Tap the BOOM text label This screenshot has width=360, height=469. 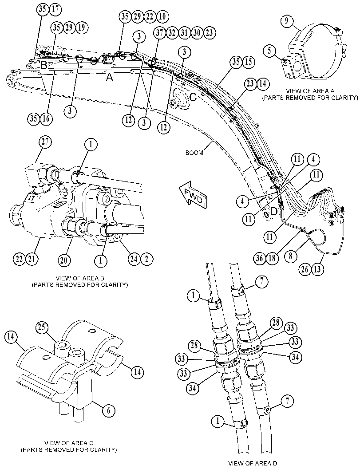[x=194, y=153]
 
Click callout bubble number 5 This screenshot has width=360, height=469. [x=270, y=50]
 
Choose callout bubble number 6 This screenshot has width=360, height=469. [x=108, y=410]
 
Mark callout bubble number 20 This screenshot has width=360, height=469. [x=64, y=260]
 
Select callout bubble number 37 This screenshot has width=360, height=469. [x=160, y=32]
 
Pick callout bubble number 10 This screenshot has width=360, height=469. [x=162, y=16]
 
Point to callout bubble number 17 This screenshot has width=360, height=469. [x=55, y=9]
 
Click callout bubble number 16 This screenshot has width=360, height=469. [x=46, y=119]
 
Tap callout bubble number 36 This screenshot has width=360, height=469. [x=260, y=258]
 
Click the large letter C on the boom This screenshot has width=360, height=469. [x=193, y=97]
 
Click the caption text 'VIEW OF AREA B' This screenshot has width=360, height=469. [x=79, y=278]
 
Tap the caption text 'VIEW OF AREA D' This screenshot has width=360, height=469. [x=253, y=463]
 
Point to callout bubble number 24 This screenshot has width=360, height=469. [x=134, y=259]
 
